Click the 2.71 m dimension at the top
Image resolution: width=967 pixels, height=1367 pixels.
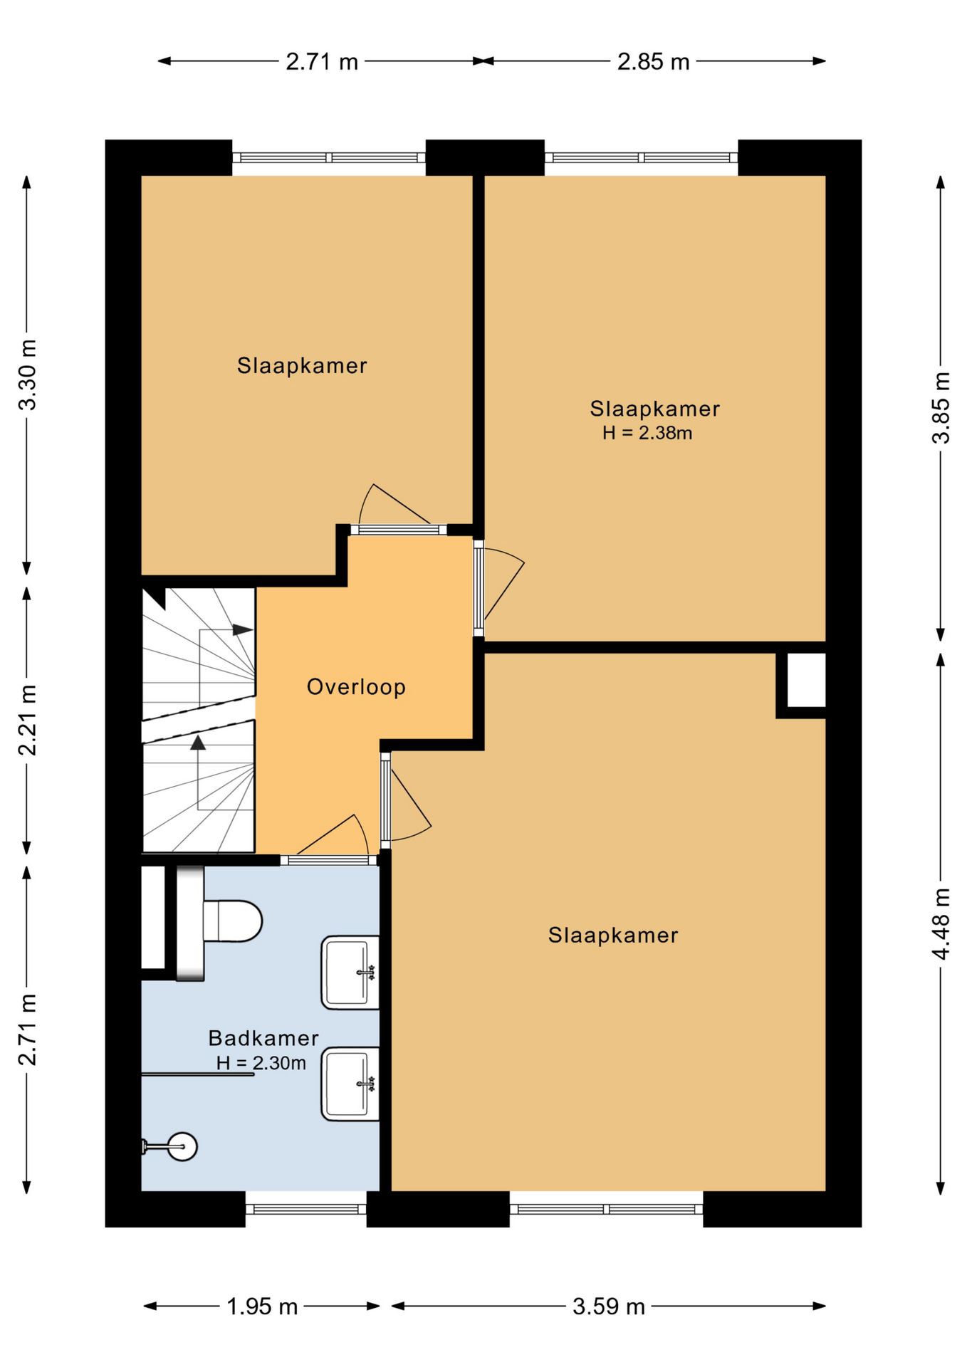(x=322, y=62)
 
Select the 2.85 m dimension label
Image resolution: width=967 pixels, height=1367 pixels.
(x=654, y=62)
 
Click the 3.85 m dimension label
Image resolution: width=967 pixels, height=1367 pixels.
(x=941, y=408)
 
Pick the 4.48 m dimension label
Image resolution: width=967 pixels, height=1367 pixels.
(x=941, y=923)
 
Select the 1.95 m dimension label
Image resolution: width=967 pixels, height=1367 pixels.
(x=262, y=1306)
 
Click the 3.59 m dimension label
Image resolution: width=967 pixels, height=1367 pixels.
(x=609, y=1306)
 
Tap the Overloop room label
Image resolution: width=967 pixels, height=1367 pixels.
(x=356, y=687)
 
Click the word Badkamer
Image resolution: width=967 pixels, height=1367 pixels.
(x=263, y=1038)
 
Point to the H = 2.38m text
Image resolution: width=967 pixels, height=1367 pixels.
(x=647, y=433)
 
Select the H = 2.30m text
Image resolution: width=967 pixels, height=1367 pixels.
(x=261, y=1063)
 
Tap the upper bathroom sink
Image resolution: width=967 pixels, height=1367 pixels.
(x=350, y=973)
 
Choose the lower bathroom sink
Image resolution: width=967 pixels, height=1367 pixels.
(x=350, y=1084)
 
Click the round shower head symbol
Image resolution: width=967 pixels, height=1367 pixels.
(x=183, y=1146)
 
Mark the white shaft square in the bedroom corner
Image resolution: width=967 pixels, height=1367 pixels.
(x=806, y=680)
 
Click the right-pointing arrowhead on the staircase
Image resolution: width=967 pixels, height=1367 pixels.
(x=243, y=630)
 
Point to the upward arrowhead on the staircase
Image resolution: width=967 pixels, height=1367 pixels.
(x=198, y=743)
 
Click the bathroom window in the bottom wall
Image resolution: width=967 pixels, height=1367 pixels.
(x=306, y=1209)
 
